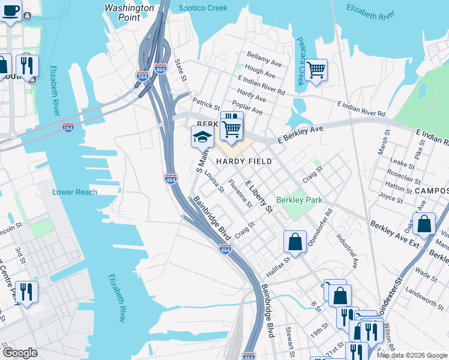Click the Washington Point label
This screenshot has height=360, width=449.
[129, 13]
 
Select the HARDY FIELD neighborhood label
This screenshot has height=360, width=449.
[244, 161]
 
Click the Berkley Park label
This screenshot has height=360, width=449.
[299, 200]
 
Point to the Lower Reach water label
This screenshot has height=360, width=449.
[74, 192]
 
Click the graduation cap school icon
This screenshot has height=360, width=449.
[202, 137]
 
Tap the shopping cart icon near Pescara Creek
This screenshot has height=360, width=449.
[316, 70]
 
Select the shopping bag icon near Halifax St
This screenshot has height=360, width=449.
[295, 242]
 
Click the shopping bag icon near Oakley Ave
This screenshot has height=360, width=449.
[424, 224]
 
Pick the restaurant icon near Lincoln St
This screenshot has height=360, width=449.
[26, 292]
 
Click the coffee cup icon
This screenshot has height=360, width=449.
[11, 10]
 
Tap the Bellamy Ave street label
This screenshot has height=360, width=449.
[264, 59]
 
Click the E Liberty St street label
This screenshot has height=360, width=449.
[259, 195]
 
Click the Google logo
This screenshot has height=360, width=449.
[20, 353]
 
